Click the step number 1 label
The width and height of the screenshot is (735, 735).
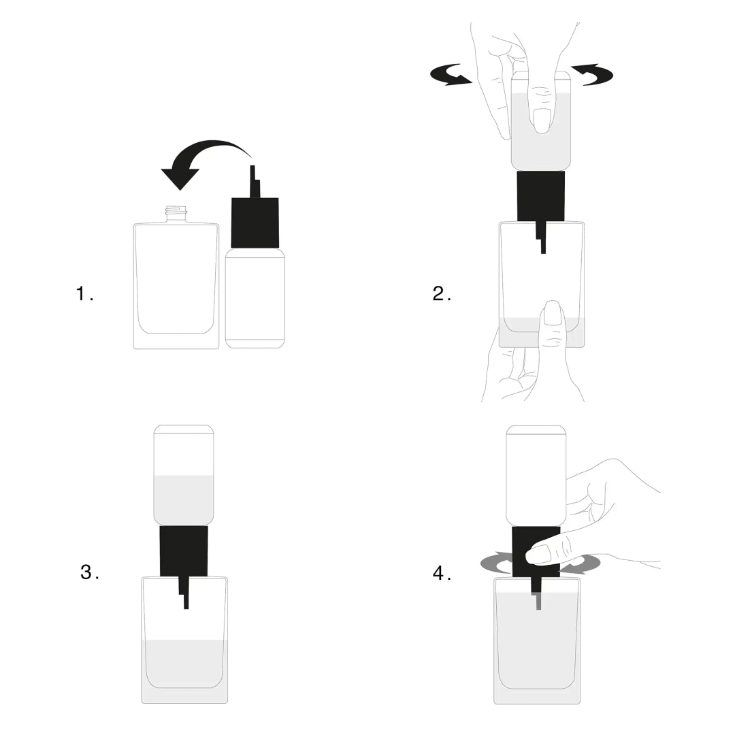(x=84, y=294)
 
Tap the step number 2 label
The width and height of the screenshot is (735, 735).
(x=441, y=294)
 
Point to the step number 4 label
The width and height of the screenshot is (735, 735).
(x=442, y=573)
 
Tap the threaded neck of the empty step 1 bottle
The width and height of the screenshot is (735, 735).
(x=176, y=214)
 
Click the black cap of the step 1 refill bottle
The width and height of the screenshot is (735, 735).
(x=255, y=222)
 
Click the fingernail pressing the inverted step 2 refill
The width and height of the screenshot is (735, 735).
(x=542, y=121)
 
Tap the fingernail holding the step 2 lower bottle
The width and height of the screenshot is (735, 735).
(x=553, y=315)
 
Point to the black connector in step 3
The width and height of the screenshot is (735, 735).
(x=184, y=551)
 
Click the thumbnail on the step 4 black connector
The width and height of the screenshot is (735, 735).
(x=539, y=555)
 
